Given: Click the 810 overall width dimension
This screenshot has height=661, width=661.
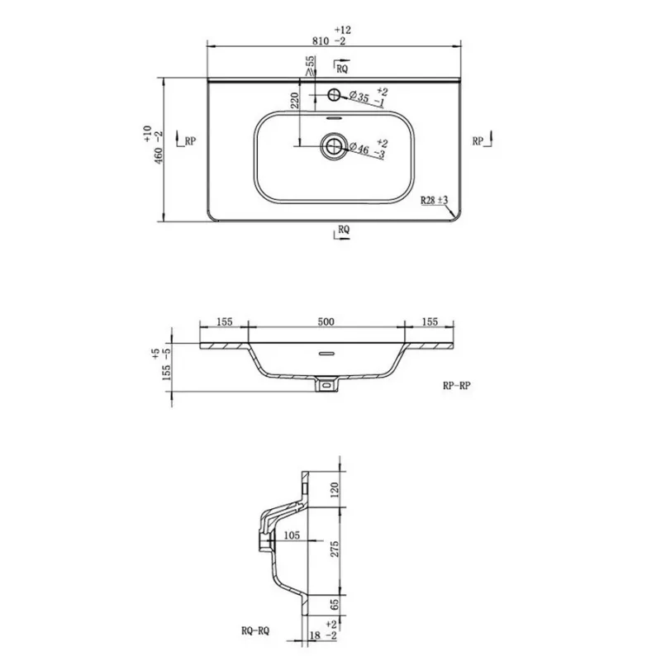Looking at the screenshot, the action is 321,40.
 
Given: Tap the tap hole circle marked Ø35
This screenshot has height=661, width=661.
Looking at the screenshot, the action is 335,94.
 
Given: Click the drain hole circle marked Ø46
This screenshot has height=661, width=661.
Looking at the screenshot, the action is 335,146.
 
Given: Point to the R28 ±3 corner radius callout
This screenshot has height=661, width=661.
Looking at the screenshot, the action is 434,200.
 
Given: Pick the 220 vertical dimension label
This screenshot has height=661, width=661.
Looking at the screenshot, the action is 295,100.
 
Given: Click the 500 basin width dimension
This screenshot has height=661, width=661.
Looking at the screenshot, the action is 326,321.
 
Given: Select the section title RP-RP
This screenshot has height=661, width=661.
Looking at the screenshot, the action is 457,385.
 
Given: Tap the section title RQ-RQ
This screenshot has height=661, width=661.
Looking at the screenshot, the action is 255,630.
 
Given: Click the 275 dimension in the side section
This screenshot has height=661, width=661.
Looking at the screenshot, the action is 335,549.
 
